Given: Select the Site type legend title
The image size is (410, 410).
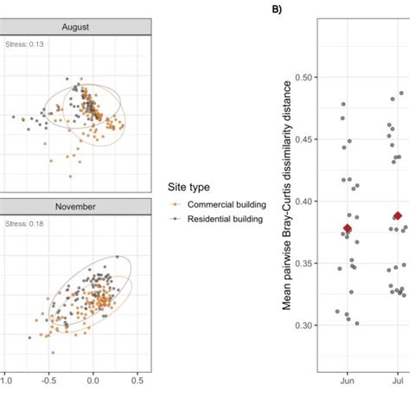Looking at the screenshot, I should [188, 186].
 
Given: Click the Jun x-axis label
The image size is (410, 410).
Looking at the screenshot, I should [348, 380].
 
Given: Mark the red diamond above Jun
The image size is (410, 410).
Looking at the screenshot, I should [348, 228].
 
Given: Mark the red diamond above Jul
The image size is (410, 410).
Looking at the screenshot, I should [397, 215].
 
